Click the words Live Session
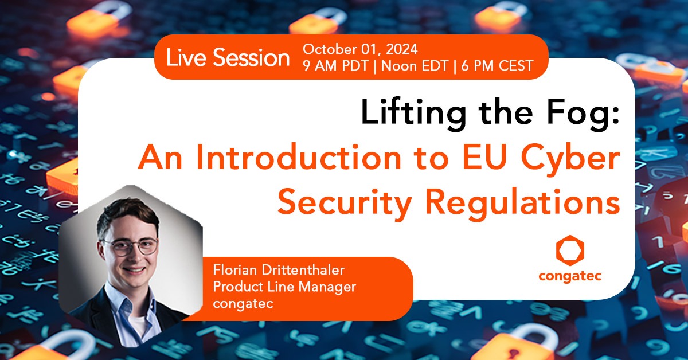click(228, 57)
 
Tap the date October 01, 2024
click(360, 49)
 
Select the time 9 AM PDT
click(335, 66)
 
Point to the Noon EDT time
click(415, 66)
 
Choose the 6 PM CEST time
click(497, 66)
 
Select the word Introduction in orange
click(299, 156)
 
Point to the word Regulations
click(523, 204)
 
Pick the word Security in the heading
click(345, 204)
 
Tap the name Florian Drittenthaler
click(279, 270)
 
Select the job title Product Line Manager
click(284, 287)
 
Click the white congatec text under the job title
click(243, 304)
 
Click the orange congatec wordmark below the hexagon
click(570, 276)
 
